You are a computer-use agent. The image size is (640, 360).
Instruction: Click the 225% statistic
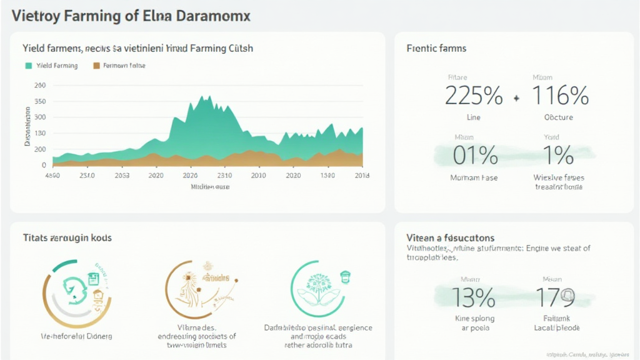(x=473, y=96)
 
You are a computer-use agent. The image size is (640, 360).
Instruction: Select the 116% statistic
(x=560, y=96)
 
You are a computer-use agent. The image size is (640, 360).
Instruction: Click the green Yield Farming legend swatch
(x=29, y=66)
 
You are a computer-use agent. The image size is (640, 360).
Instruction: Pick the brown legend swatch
(x=96, y=66)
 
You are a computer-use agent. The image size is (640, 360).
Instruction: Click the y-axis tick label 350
(x=40, y=101)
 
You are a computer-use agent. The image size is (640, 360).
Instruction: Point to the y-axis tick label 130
(x=40, y=133)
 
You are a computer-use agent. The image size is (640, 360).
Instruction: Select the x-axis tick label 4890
(x=52, y=176)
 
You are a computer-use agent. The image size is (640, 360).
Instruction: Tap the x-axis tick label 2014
(x=361, y=176)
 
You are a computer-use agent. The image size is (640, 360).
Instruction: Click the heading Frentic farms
(x=436, y=48)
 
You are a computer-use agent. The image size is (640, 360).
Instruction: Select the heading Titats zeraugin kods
(x=67, y=238)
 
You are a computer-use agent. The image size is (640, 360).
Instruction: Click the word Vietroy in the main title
(x=39, y=16)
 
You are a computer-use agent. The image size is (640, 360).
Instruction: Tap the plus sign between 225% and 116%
(x=516, y=98)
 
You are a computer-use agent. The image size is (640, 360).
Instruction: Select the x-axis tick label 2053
(x=122, y=176)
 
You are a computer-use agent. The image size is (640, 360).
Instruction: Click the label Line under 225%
(x=473, y=117)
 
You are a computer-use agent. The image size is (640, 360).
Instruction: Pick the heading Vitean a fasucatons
(x=450, y=238)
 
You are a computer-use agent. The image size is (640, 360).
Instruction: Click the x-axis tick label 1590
(x=327, y=176)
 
